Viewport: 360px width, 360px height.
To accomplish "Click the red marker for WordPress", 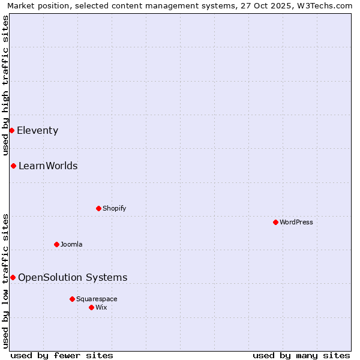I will [x=275, y=222].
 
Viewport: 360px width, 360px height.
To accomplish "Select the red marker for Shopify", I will [x=98, y=208].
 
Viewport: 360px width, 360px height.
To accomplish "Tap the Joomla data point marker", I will [x=56, y=244].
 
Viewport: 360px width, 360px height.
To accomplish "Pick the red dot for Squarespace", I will [x=72, y=299].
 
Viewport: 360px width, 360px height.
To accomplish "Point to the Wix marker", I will [x=91, y=307].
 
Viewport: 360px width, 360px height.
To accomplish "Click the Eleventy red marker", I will [x=11, y=130].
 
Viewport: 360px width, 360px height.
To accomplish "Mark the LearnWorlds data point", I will [x=13, y=166].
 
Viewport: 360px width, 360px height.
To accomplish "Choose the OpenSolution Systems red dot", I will [x=13, y=277].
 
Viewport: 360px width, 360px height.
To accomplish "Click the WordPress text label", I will [x=296, y=222].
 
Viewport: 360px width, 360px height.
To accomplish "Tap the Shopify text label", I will [x=114, y=208].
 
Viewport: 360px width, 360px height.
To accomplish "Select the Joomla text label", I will [x=71, y=244].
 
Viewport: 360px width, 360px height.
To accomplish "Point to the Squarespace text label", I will [x=97, y=299].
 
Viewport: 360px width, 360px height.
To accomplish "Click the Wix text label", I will [x=101, y=307].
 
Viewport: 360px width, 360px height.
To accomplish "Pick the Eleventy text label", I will [x=37, y=130].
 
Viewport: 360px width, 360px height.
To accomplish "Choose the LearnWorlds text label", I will [x=48, y=166].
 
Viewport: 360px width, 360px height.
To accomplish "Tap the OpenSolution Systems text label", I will [x=73, y=277].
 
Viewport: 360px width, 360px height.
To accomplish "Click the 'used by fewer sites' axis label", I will [x=62, y=355].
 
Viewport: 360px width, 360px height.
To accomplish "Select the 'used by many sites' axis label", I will [x=301, y=355].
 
